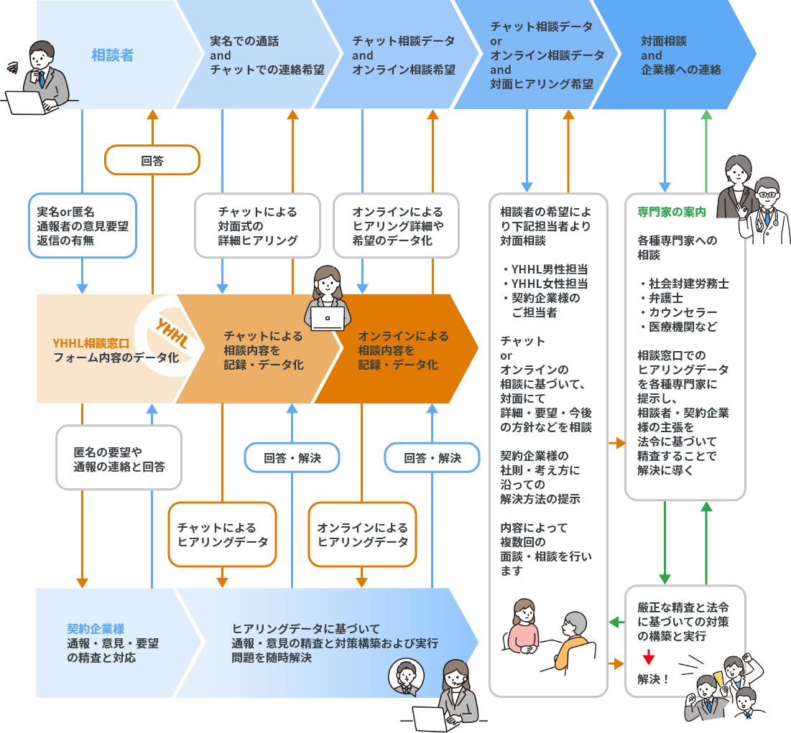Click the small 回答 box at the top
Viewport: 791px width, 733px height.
tap(152, 160)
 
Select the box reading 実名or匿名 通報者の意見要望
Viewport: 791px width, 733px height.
tap(82, 225)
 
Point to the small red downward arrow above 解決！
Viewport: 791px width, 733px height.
tap(648, 657)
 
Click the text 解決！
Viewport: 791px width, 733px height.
tap(653, 679)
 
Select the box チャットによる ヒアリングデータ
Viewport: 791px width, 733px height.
tap(222, 535)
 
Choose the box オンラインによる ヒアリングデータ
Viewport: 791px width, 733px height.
tap(362, 535)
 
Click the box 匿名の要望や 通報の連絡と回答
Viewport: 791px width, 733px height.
tap(119, 458)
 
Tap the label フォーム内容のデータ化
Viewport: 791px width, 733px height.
tap(115, 357)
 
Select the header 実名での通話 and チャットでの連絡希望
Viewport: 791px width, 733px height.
tap(267, 55)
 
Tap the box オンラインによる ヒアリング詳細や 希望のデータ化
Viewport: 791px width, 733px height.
tap(397, 225)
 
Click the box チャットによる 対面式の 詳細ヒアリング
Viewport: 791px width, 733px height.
tap(257, 225)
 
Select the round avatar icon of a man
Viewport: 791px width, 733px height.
tap(405, 677)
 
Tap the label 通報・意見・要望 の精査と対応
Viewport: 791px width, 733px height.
tap(112, 650)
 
